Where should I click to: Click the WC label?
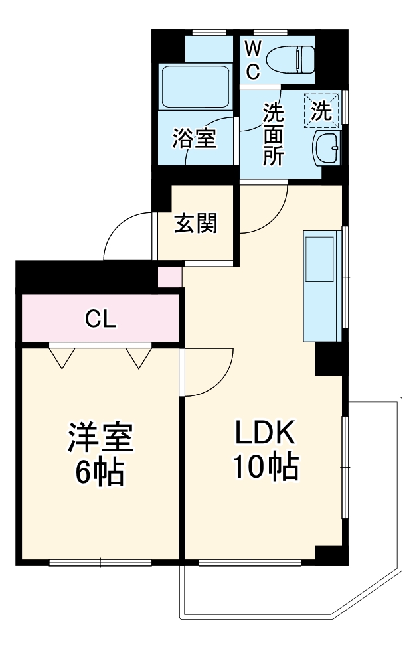253,60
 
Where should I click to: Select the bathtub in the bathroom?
195,88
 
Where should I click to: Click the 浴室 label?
194,139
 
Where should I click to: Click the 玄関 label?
196,224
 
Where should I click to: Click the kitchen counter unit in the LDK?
321,285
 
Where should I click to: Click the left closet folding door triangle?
62,357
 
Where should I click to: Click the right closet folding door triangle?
139,357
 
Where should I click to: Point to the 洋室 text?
100,437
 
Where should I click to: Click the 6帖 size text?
100,470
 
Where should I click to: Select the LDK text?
264,435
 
